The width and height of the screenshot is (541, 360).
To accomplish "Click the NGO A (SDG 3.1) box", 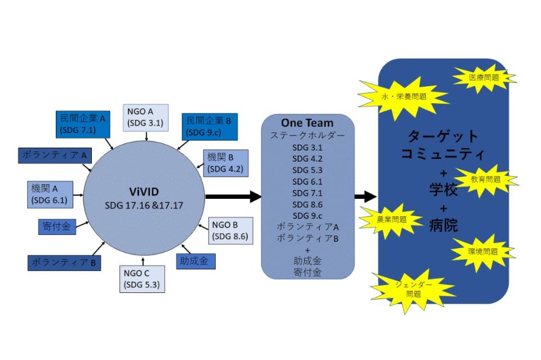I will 145,117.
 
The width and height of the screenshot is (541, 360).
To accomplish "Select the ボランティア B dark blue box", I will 64,263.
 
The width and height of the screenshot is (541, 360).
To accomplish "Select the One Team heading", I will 307,123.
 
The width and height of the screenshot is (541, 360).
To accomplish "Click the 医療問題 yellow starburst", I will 484,77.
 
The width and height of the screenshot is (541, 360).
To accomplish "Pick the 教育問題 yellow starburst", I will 485,180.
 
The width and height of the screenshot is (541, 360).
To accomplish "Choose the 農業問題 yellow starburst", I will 392,220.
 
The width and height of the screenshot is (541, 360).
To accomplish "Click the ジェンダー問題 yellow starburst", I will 413,290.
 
